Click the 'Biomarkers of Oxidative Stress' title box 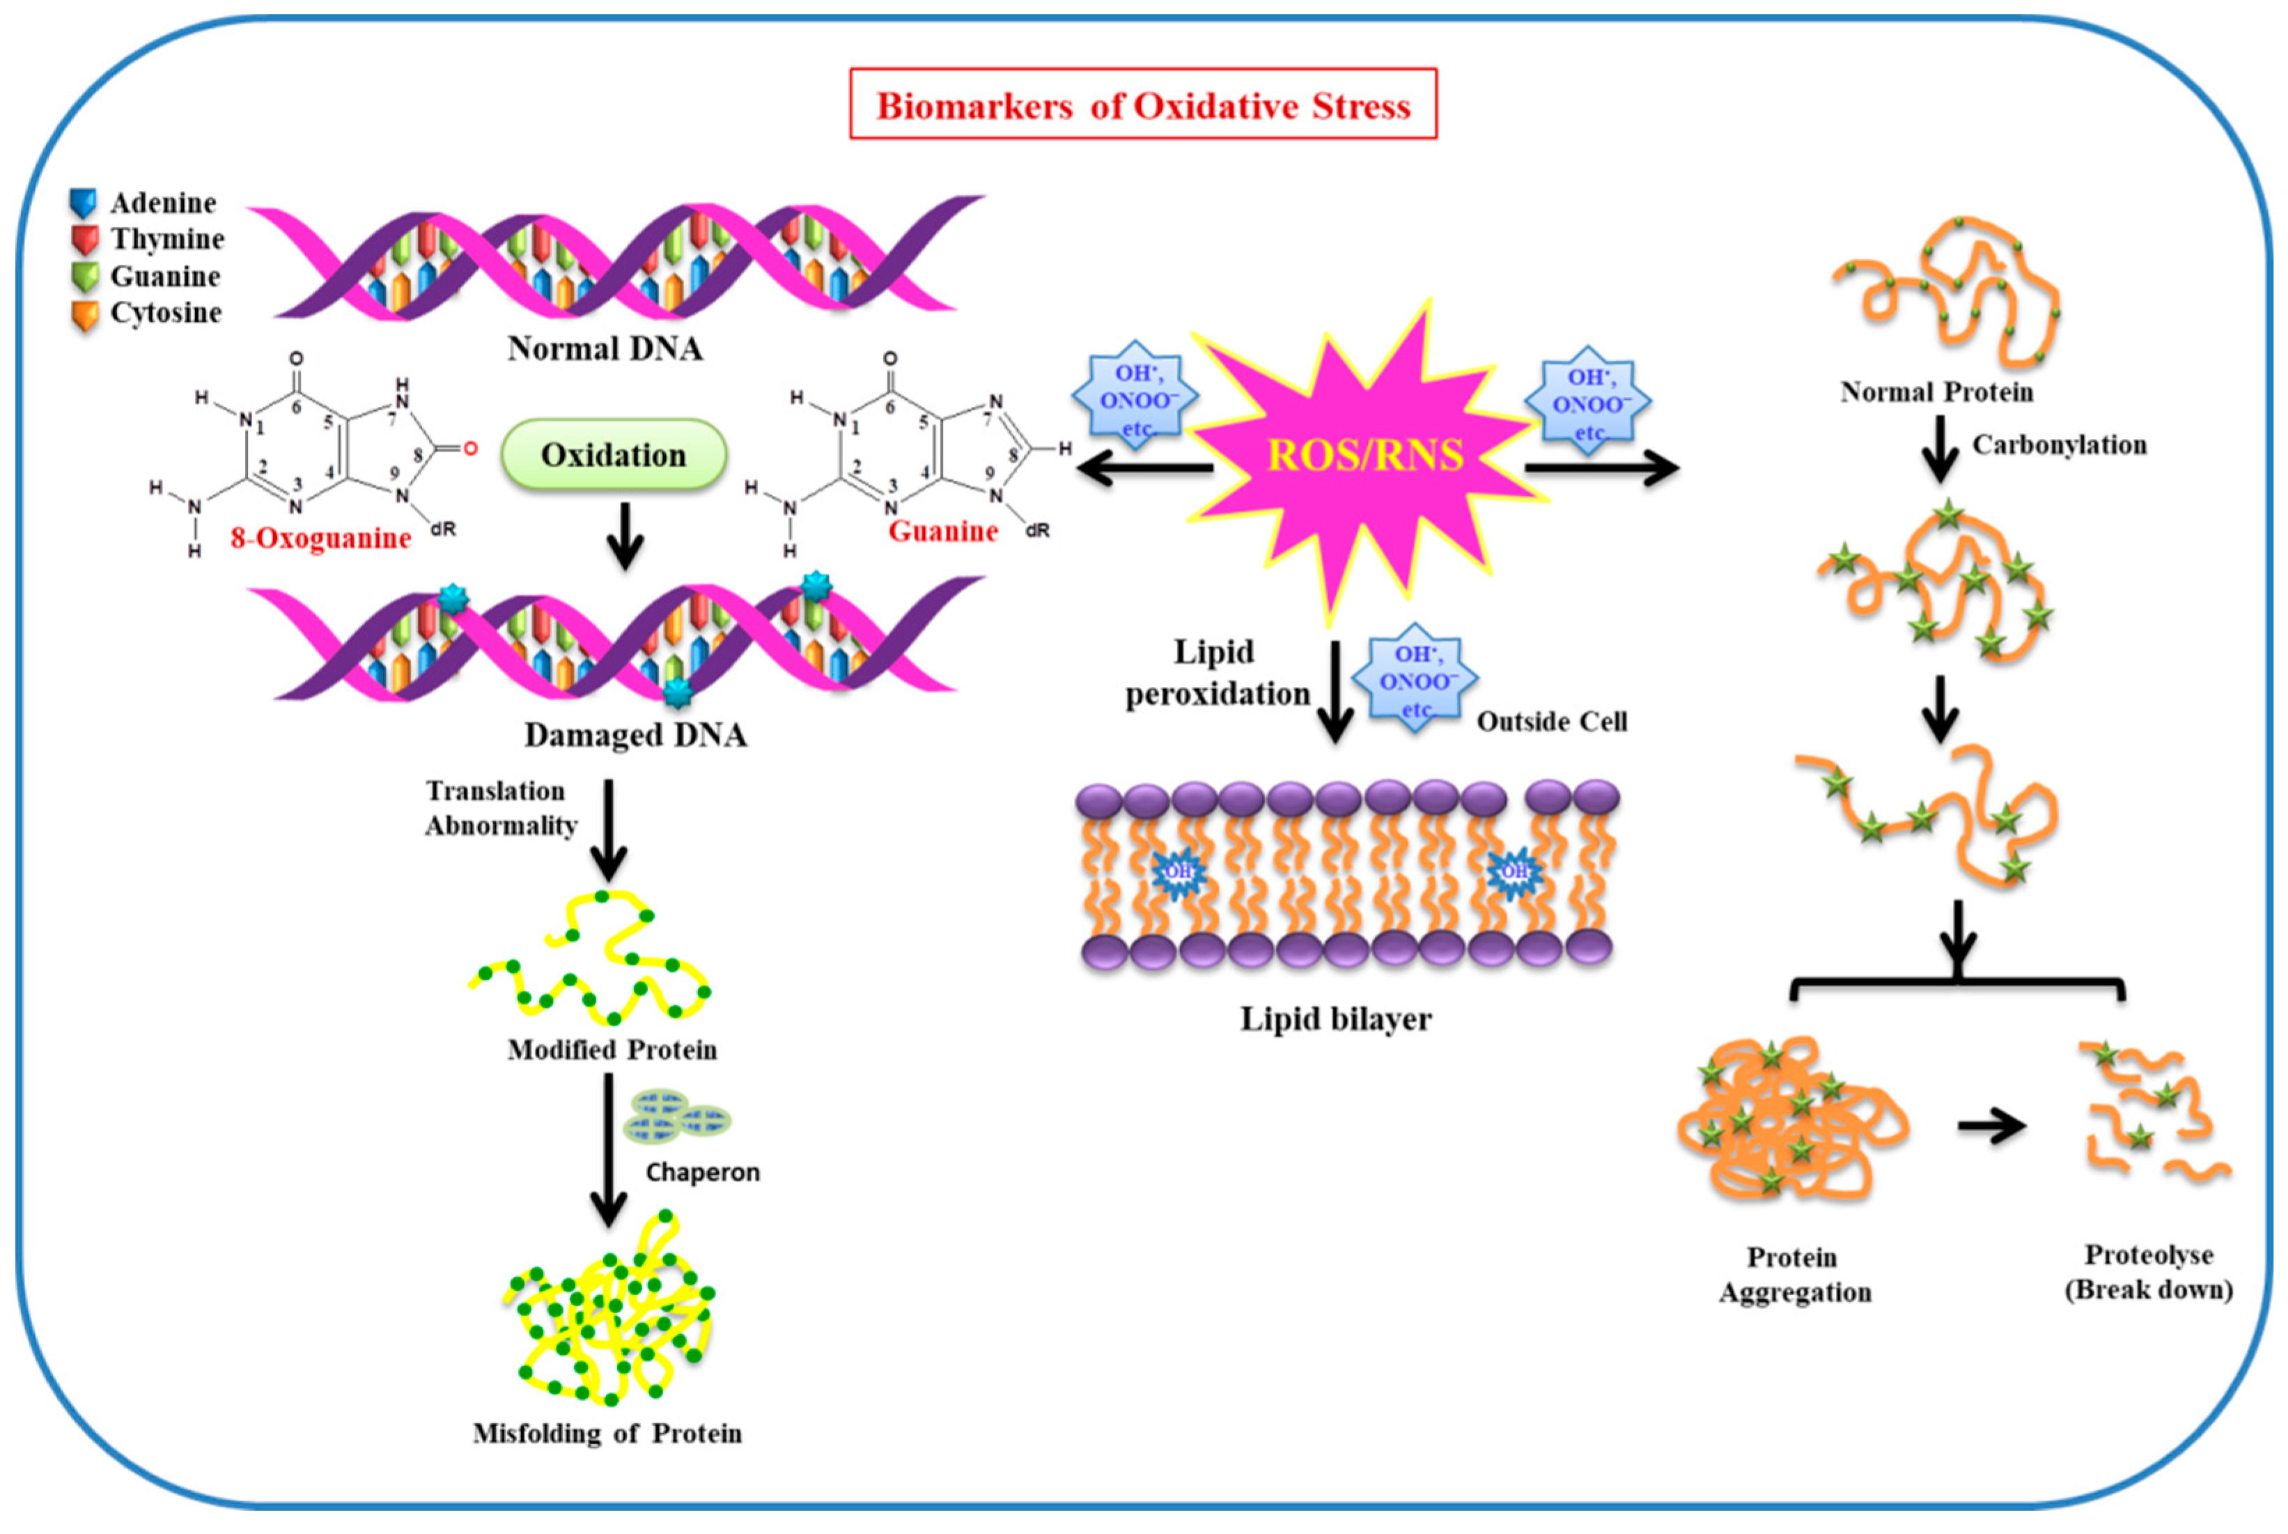tap(1142, 104)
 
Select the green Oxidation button tap(614, 455)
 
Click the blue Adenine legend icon tap(83, 203)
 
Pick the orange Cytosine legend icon tap(85, 314)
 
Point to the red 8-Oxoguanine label tap(321, 538)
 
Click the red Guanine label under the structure tap(942, 532)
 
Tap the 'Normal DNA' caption tap(605, 348)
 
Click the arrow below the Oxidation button tap(624, 536)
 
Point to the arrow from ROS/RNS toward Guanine tap(1144, 469)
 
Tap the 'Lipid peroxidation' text tap(1217, 672)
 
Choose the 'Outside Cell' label tap(1551, 722)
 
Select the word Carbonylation tap(2058, 445)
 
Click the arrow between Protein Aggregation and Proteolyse tap(1991, 1126)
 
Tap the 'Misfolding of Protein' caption tap(607, 1433)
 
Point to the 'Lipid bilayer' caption tap(1335, 1019)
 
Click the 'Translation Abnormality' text tap(500, 808)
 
